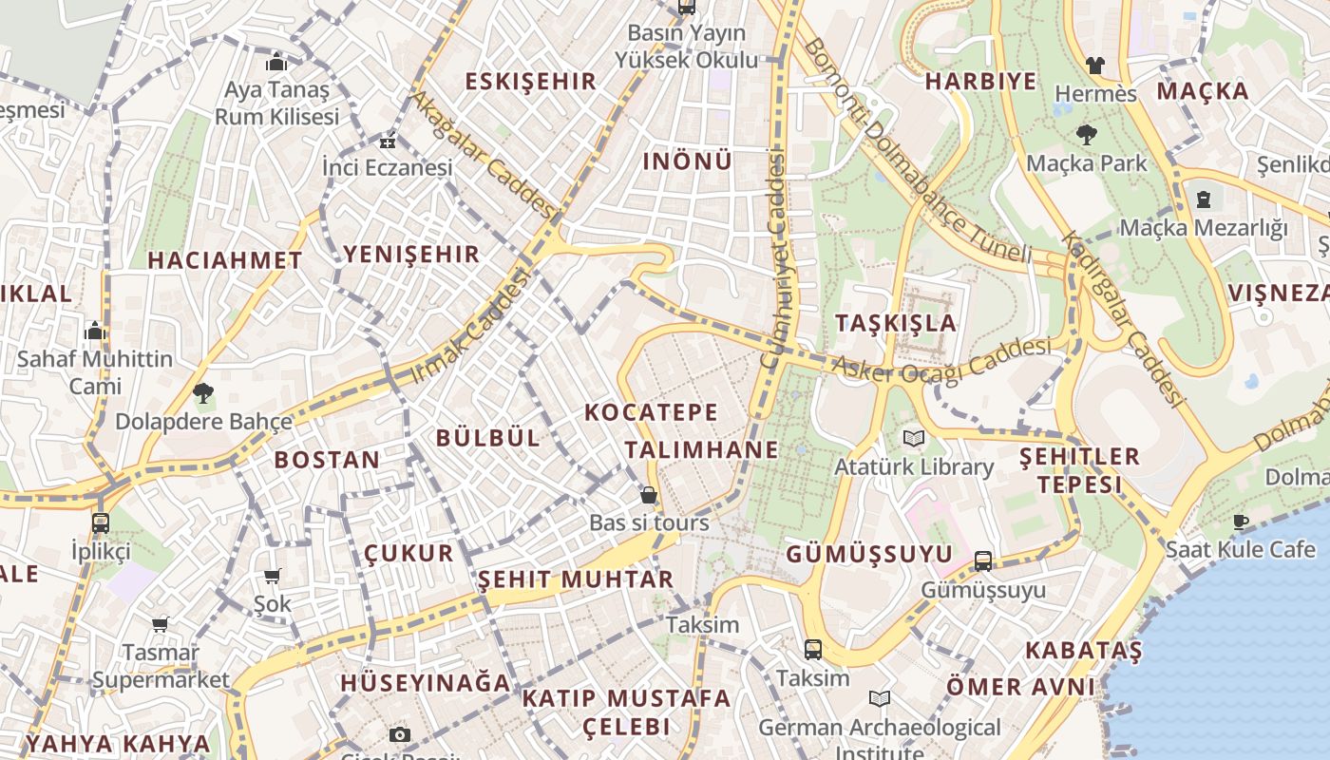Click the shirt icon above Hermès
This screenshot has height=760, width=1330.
1095,66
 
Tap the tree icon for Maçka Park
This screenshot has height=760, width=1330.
1087,135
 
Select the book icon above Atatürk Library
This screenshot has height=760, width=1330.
914,438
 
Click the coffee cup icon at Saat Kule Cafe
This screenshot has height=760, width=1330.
1240,521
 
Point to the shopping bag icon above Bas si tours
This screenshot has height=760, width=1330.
649,495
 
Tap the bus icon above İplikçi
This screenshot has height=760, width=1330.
100,522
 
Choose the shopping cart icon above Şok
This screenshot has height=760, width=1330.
273,576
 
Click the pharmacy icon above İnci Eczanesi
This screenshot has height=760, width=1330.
387,142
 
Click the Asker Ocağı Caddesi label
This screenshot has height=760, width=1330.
941,359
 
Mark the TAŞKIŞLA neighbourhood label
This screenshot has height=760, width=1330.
896,323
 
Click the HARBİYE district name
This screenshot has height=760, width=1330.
981,82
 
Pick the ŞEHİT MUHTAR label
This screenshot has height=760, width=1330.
575,579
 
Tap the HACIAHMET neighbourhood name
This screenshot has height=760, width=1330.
225,260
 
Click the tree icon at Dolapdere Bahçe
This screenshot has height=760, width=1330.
202,392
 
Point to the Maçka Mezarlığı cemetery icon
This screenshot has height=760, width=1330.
1204,199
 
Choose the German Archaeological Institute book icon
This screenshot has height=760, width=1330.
880,699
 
